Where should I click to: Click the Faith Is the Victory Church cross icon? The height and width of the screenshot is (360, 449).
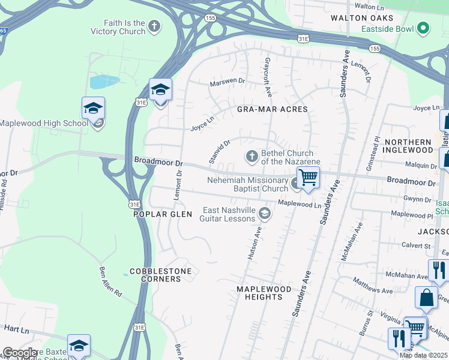point(155,26)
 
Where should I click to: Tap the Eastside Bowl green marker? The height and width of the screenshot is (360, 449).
point(424,28)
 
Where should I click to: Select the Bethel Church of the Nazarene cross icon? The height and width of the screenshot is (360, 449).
point(252,157)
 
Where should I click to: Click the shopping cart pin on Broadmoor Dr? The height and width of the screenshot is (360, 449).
point(308,178)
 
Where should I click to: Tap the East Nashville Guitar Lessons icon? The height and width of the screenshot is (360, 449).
point(264,214)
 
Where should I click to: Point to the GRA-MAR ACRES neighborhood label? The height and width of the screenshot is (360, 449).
point(272,109)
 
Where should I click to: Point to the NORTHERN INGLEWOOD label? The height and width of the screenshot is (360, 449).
point(408,146)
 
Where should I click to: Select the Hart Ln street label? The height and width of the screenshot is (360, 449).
point(16,330)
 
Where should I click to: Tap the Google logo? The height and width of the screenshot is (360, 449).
point(19,353)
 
